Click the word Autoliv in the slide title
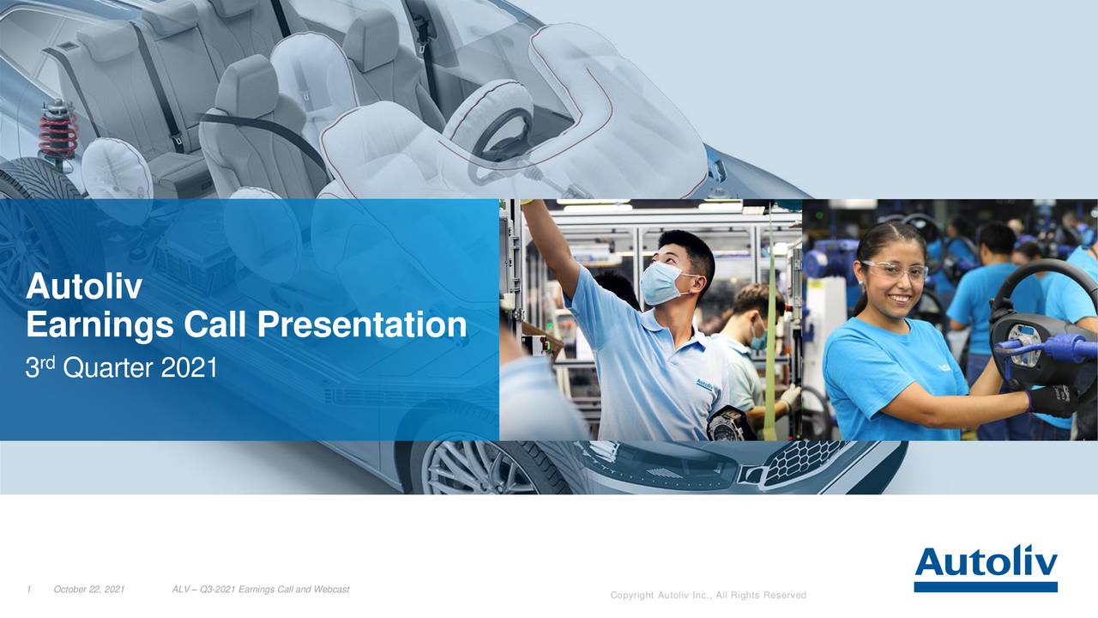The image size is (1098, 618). pyautogui.click(x=84, y=287)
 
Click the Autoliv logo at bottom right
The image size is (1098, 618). pyautogui.click(x=985, y=567)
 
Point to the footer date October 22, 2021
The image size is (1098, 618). pyautogui.click(x=89, y=589)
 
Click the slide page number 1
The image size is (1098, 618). pyautogui.click(x=29, y=589)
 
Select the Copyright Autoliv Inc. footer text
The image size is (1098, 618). pyautogui.click(x=708, y=595)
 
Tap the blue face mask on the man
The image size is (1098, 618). pyautogui.click(x=661, y=282)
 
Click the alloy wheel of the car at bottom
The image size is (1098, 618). pyautogui.click(x=469, y=468)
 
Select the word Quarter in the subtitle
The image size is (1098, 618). pyautogui.click(x=110, y=369)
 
